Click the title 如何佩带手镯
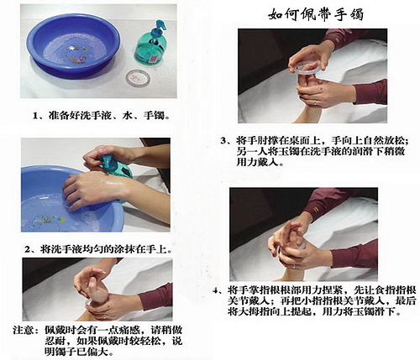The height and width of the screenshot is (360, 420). pos(316,14)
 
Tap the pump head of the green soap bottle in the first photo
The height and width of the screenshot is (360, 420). pos(158,27)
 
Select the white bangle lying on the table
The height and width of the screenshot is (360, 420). pos(138,78)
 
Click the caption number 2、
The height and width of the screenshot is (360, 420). pos(30,249)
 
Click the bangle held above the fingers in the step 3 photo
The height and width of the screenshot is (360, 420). pos(308,69)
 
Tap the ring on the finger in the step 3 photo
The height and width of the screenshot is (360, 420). pos(315,103)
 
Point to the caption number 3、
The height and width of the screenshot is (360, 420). pos(226,141)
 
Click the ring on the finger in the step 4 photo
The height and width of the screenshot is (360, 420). pos(294,266)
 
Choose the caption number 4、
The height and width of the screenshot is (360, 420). pos(218,290)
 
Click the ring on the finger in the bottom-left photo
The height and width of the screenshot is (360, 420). pos(105,317)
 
